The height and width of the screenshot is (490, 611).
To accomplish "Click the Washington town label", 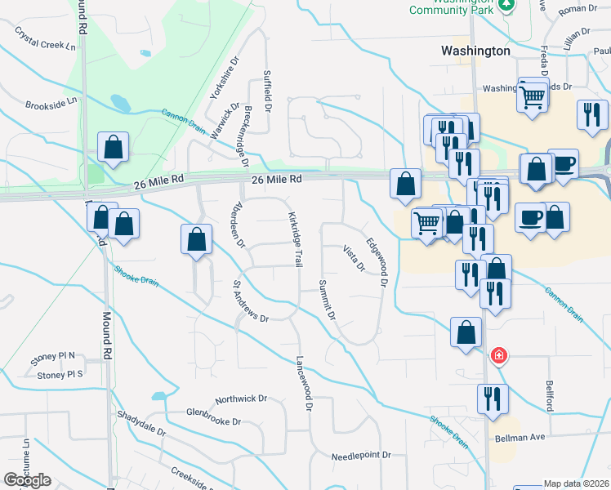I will pyautogui.click(x=475, y=51).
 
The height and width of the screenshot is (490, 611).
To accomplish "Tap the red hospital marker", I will pyautogui.click(x=498, y=357).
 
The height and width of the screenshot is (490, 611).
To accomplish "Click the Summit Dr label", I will pyautogui.click(x=327, y=300).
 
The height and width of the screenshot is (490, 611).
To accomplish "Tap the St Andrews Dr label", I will pyautogui.click(x=251, y=302).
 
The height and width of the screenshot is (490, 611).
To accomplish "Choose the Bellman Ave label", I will pyautogui.click(x=520, y=438).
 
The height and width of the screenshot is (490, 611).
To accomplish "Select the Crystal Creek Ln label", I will pyautogui.click(x=45, y=38).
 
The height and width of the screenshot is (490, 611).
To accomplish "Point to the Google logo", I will pyautogui.click(x=27, y=480).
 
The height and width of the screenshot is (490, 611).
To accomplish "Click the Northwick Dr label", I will pyautogui.click(x=241, y=399).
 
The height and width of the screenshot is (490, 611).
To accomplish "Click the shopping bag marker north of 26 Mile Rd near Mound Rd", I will pyautogui.click(x=114, y=147).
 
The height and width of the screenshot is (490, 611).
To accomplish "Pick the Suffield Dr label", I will pyautogui.click(x=266, y=91).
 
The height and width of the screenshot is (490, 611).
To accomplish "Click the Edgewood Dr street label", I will pyautogui.click(x=376, y=262).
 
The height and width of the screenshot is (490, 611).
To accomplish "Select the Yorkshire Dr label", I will pyautogui.click(x=224, y=78).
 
